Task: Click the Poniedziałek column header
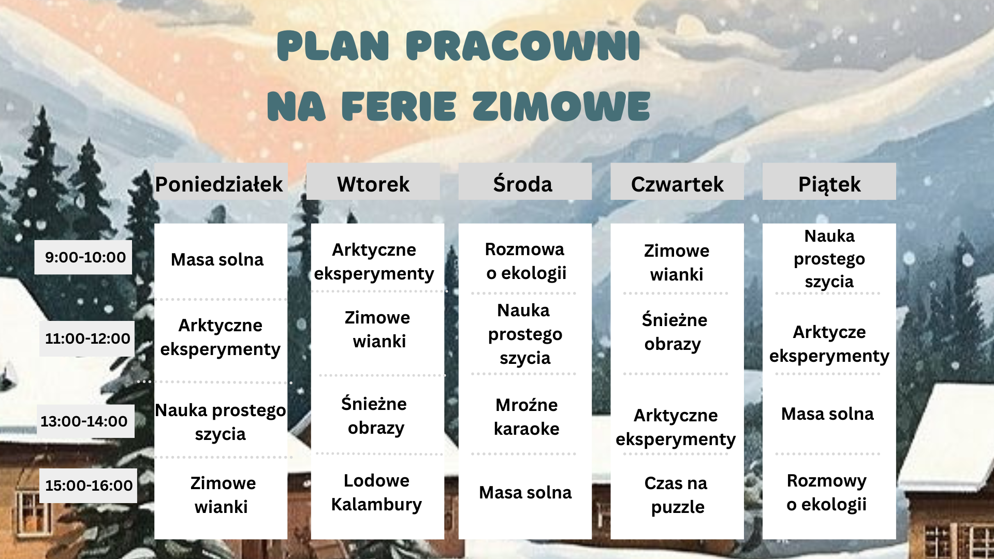tap(219, 184)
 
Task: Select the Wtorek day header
tap(373, 184)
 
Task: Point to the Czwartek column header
tap(677, 184)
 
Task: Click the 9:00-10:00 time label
tap(85, 257)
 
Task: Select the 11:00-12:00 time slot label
tap(87, 339)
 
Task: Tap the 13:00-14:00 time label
tap(84, 421)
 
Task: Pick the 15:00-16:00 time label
tap(89, 486)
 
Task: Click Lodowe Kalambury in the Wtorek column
tap(376, 492)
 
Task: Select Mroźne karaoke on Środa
tap(527, 417)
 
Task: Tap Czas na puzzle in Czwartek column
tap(677, 495)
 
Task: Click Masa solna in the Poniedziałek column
tap(217, 259)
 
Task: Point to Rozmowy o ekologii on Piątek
tap(827, 492)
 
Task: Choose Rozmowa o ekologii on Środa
tap(525, 261)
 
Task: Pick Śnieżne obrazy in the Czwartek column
tap(674, 331)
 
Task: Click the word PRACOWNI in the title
tap(523, 47)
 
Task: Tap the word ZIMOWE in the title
tap(561, 107)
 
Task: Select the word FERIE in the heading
tap(399, 107)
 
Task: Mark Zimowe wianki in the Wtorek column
tap(378, 329)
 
